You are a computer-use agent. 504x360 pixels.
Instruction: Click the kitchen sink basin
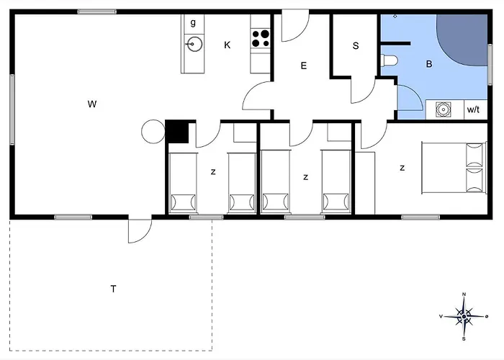pyautogui.click(x=195, y=44)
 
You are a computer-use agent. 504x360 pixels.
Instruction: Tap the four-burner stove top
pyautogui.click(x=261, y=38)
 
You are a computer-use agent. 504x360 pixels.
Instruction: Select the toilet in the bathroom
pyautogui.click(x=390, y=60)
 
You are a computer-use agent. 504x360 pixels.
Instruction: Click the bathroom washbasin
pyautogui.click(x=444, y=109)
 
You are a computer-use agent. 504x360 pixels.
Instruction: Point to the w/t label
pyautogui.click(x=473, y=109)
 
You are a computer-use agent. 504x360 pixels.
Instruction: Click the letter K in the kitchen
pyautogui.click(x=228, y=45)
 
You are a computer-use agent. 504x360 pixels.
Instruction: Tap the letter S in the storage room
pyautogui.click(x=356, y=45)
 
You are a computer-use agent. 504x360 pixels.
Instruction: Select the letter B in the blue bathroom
pyautogui.click(x=429, y=64)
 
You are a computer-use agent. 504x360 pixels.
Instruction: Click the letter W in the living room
pyautogui.click(x=92, y=104)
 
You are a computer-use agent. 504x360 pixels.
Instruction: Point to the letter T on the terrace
pyautogui.click(x=113, y=289)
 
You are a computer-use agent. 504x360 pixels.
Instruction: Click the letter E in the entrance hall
pyautogui.click(x=303, y=66)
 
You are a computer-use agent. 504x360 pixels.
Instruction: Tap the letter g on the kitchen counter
pyautogui.click(x=193, y=22)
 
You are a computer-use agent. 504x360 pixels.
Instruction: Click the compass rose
pyautogui.click(x=464, y=317)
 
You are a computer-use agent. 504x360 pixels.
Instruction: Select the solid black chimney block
pyautogui.click(x=177, y=132)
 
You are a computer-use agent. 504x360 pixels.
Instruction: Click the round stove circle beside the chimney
pyautogui.click(x=153, y=132)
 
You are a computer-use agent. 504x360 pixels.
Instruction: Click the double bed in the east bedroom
pyautogui.click(x=454, y=168)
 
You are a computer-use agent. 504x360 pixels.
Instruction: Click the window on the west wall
pyautogui.click(x=12, y=109)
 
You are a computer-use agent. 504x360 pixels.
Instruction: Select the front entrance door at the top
pyautogui.click(x=295, y=26)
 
